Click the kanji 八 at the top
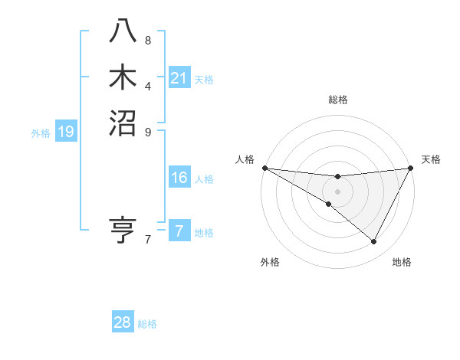point(123,31)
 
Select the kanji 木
point(123,77)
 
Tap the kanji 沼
point(123,123)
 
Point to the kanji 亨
point(123,231)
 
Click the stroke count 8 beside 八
point(148,40)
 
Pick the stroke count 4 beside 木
point(148,86)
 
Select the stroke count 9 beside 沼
point(148,131)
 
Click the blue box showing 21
point(179,77)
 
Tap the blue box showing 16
point(179,178)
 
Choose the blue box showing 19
point(66,132)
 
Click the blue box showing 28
point(123,322)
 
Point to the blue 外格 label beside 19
point(41,133)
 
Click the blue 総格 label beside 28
point(147,324)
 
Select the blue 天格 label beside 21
point(204,79)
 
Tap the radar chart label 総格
point(337,100)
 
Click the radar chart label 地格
point(402,262)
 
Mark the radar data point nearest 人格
point(264,167)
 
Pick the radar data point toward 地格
point(374,242)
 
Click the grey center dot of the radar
point(337,191)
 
